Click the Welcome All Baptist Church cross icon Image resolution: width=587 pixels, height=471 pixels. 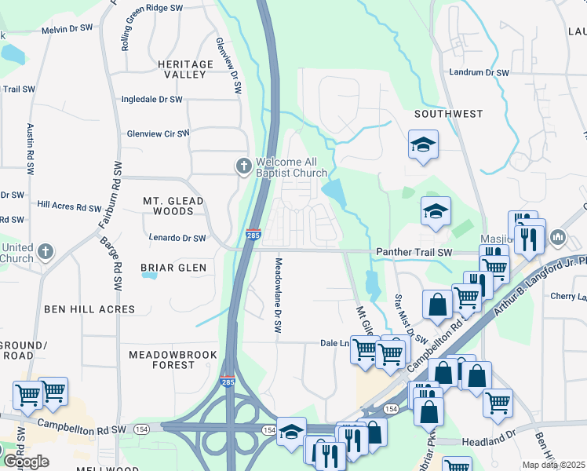click(243, 166)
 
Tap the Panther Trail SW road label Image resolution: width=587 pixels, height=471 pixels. click(414, 252)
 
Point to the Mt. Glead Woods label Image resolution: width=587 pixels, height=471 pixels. click(173, 206)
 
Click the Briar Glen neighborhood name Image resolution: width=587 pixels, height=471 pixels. click(173, 268)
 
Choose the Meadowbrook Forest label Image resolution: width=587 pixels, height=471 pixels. click(173, 360)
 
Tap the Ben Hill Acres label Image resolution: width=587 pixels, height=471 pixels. click(89, 309)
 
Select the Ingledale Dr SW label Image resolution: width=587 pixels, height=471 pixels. click(151, 100)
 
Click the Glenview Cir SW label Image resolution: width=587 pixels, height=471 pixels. click(159, 133)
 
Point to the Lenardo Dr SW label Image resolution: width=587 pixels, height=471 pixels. click(177, 238)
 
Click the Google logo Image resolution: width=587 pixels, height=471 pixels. click(26, 462)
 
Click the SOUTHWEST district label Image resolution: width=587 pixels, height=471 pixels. click(449, 114)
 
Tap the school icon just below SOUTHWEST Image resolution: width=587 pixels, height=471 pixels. click(423, 145)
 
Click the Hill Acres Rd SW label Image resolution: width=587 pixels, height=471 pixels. click(67, 205)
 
